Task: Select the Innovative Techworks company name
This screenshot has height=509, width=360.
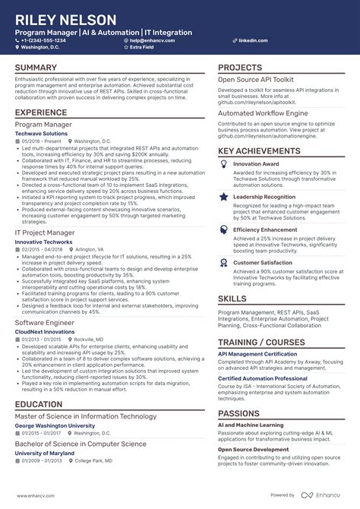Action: (44, 241)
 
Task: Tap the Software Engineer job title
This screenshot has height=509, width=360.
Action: (45, 323)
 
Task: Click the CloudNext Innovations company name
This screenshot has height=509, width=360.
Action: (46, 332)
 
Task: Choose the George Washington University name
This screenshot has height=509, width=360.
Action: (55, 426)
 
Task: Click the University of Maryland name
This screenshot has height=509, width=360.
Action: (45, 453)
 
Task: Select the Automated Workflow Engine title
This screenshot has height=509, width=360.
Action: (264, 112)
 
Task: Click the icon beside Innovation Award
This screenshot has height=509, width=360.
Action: (224, 164)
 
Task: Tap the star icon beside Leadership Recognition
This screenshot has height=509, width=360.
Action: (224, 197)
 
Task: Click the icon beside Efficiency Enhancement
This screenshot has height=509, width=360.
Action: (224, 229)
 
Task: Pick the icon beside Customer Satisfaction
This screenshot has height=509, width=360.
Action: (224, 263)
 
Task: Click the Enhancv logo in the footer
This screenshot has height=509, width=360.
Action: (319, 495)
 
